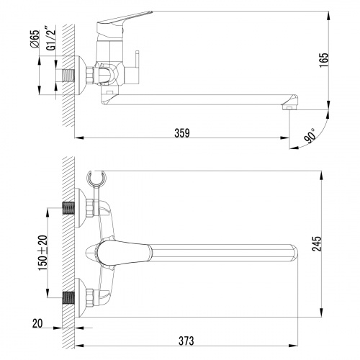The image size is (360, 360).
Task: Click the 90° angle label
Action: click(310, 137)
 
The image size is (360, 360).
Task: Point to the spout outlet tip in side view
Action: click(289, 107)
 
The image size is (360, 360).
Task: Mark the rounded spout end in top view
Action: click(292, 253)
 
